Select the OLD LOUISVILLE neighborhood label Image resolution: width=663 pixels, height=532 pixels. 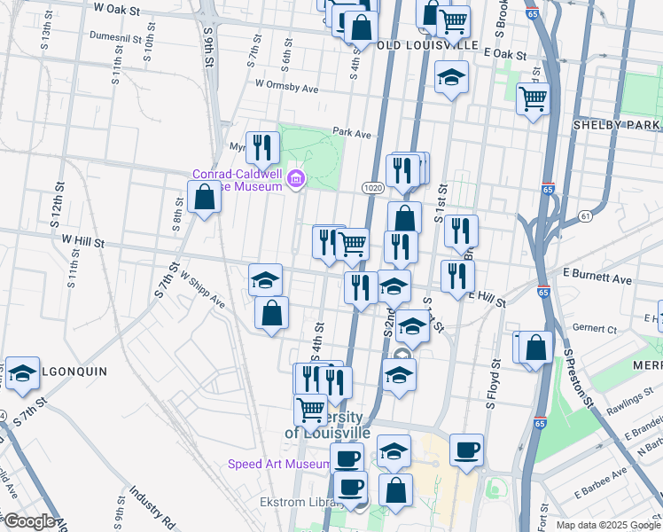(427, 45)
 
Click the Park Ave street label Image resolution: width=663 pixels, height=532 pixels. (351, 133)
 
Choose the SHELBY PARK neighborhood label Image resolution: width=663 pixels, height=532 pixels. (617, 125)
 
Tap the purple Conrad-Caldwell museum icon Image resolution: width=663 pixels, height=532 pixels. (295, 180)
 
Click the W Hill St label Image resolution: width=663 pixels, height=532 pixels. (83, 241)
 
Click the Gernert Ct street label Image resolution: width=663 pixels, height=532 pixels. (595, 329)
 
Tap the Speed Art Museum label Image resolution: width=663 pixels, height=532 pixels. (278, 464)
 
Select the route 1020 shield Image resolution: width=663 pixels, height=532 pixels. (371, 188)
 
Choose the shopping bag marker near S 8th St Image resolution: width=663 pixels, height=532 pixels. (204, 199)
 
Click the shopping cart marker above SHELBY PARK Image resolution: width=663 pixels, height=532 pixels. (532, 99)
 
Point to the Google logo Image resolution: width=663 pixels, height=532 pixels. (29, 521)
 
